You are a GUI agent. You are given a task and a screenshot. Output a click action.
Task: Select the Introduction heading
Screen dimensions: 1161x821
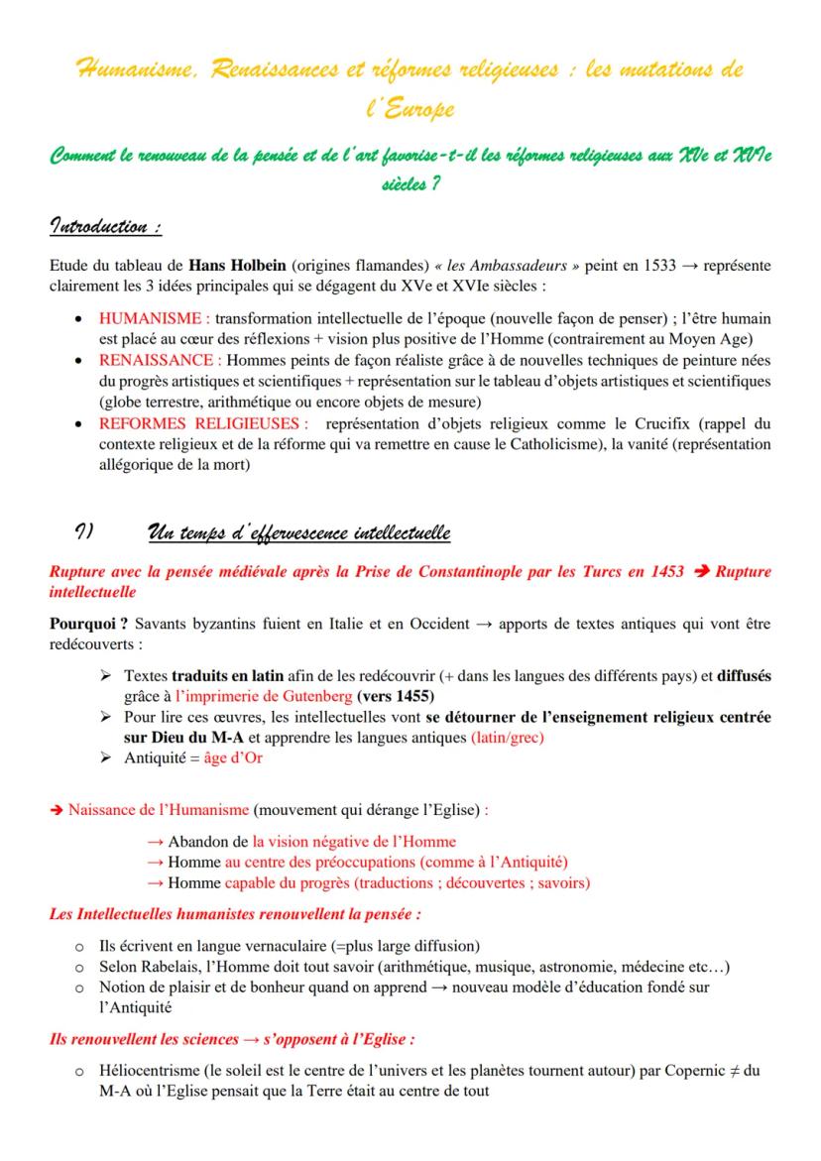point(105,227)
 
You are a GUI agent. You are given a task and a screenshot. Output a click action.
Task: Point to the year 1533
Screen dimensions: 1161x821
point(563,267)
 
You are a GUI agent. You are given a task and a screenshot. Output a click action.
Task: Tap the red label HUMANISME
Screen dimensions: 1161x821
point(153,318)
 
